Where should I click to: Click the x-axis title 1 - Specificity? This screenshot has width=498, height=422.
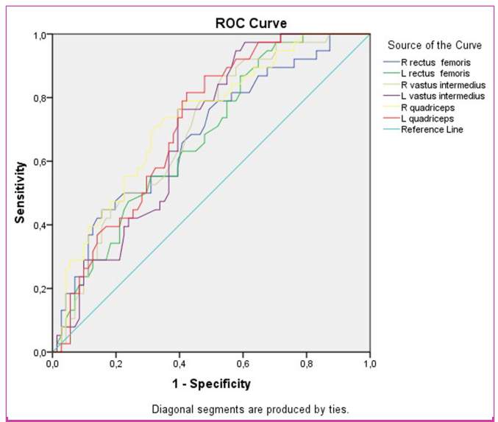(210, 384)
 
